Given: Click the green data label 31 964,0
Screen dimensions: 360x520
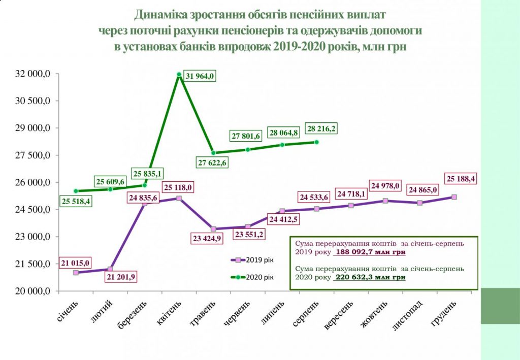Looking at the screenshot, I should coord(200,76).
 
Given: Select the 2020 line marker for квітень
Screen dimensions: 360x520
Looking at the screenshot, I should coord(179,74).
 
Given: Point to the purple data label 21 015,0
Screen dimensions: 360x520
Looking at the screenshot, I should coord(76,263).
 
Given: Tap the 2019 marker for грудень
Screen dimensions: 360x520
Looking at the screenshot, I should coord(454,197).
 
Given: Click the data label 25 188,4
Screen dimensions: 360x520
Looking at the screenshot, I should coord(464,179).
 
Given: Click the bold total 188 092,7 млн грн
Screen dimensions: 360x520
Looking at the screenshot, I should coord(371,251).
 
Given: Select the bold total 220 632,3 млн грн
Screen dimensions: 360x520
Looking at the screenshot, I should coord(371,278).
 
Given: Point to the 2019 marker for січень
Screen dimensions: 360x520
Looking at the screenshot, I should coord(76,273).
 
